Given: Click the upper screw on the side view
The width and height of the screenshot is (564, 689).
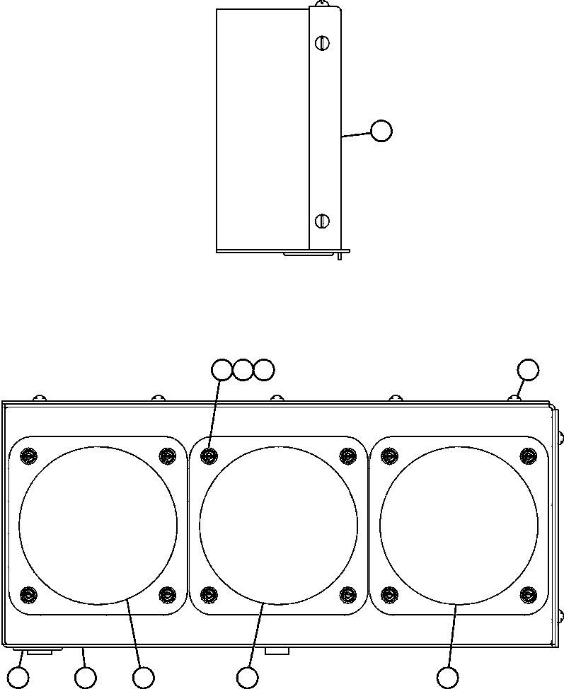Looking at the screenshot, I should [322, 43].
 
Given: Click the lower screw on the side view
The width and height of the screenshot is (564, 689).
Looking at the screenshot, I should [322, 221].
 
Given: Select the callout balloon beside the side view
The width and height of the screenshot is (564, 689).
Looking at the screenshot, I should [381, 131].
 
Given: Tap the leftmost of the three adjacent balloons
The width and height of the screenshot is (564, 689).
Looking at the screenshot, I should [222, 369].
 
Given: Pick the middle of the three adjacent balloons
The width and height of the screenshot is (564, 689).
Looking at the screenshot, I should [243, 369].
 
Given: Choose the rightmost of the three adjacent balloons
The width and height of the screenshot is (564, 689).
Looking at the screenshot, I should [263, 369].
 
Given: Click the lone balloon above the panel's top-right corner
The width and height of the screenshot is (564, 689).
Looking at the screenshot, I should [527, 369].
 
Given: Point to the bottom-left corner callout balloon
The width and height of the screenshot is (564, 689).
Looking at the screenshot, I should [18, 678].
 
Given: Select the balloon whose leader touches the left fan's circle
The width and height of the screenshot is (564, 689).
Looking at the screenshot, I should [144, 678].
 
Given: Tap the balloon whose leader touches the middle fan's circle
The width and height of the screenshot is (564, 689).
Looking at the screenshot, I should [247, 678].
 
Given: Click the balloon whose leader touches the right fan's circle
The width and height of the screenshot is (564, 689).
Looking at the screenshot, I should [447, 678].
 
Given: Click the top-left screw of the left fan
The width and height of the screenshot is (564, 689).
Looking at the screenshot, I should [28, 455].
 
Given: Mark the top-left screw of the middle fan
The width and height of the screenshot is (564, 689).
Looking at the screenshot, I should [209, 455].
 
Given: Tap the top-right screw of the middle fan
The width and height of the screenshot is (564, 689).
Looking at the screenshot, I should [347, 455].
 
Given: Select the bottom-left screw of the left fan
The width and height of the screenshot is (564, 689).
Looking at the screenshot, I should [28, 594].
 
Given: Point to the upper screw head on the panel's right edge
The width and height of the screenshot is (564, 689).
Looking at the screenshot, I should [561, 437].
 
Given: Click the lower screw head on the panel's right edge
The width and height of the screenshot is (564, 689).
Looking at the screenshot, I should [561, 614].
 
